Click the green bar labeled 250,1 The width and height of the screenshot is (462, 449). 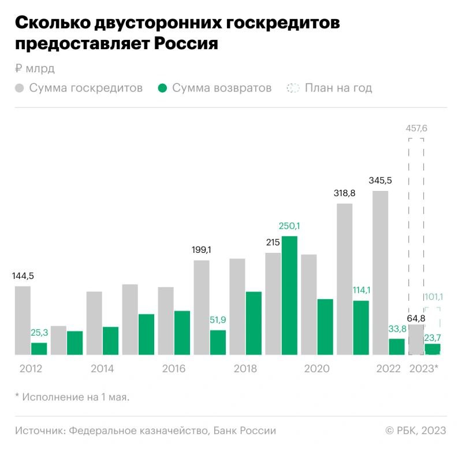tap(289, 295)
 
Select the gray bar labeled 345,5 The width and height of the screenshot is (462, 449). tap(380, 273)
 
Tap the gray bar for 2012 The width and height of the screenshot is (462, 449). tap(23, 320)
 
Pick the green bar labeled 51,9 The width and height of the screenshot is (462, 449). tap(218, 342)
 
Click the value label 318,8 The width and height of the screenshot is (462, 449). tap(344, 193)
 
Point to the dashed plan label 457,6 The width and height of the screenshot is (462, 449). tap(416, 128)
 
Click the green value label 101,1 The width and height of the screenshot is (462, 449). tap(433, 297)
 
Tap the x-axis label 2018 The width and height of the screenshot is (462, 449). tap(245, 369)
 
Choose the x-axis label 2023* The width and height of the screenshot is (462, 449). tap(424, 369)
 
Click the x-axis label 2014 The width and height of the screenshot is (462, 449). tap(102, 369)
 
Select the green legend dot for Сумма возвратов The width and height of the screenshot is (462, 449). tap(162, 89)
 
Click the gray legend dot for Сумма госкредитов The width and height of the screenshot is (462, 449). tap(20, 89)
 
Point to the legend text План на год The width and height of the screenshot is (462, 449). tap(338, 89)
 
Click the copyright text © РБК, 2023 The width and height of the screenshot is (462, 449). tap(416, 430)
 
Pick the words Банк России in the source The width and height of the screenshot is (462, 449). tap(244, 430)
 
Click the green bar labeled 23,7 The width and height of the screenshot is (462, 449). tap(433, 349)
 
